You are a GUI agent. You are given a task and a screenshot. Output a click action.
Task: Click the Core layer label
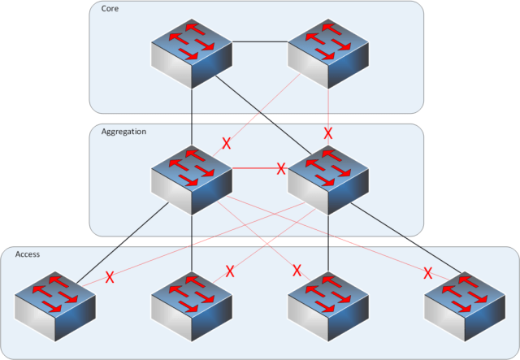(109, 8)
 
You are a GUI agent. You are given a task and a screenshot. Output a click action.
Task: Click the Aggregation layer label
(123, 131)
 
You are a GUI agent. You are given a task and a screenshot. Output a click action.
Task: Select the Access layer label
(28, 254)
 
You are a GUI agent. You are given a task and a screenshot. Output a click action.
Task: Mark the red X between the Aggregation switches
(280, 169)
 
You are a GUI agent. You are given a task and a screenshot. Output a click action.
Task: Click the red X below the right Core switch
(328, 132)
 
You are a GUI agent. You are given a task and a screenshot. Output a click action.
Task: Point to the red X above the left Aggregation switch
(227, 144)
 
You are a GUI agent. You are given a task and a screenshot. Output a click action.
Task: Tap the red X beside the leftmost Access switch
(109, 277)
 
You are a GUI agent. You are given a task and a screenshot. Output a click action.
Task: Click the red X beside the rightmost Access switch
(427, 272)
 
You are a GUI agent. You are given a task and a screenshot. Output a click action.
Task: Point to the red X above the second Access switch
(229, 271)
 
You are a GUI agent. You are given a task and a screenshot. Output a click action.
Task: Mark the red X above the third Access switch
(297, 270)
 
